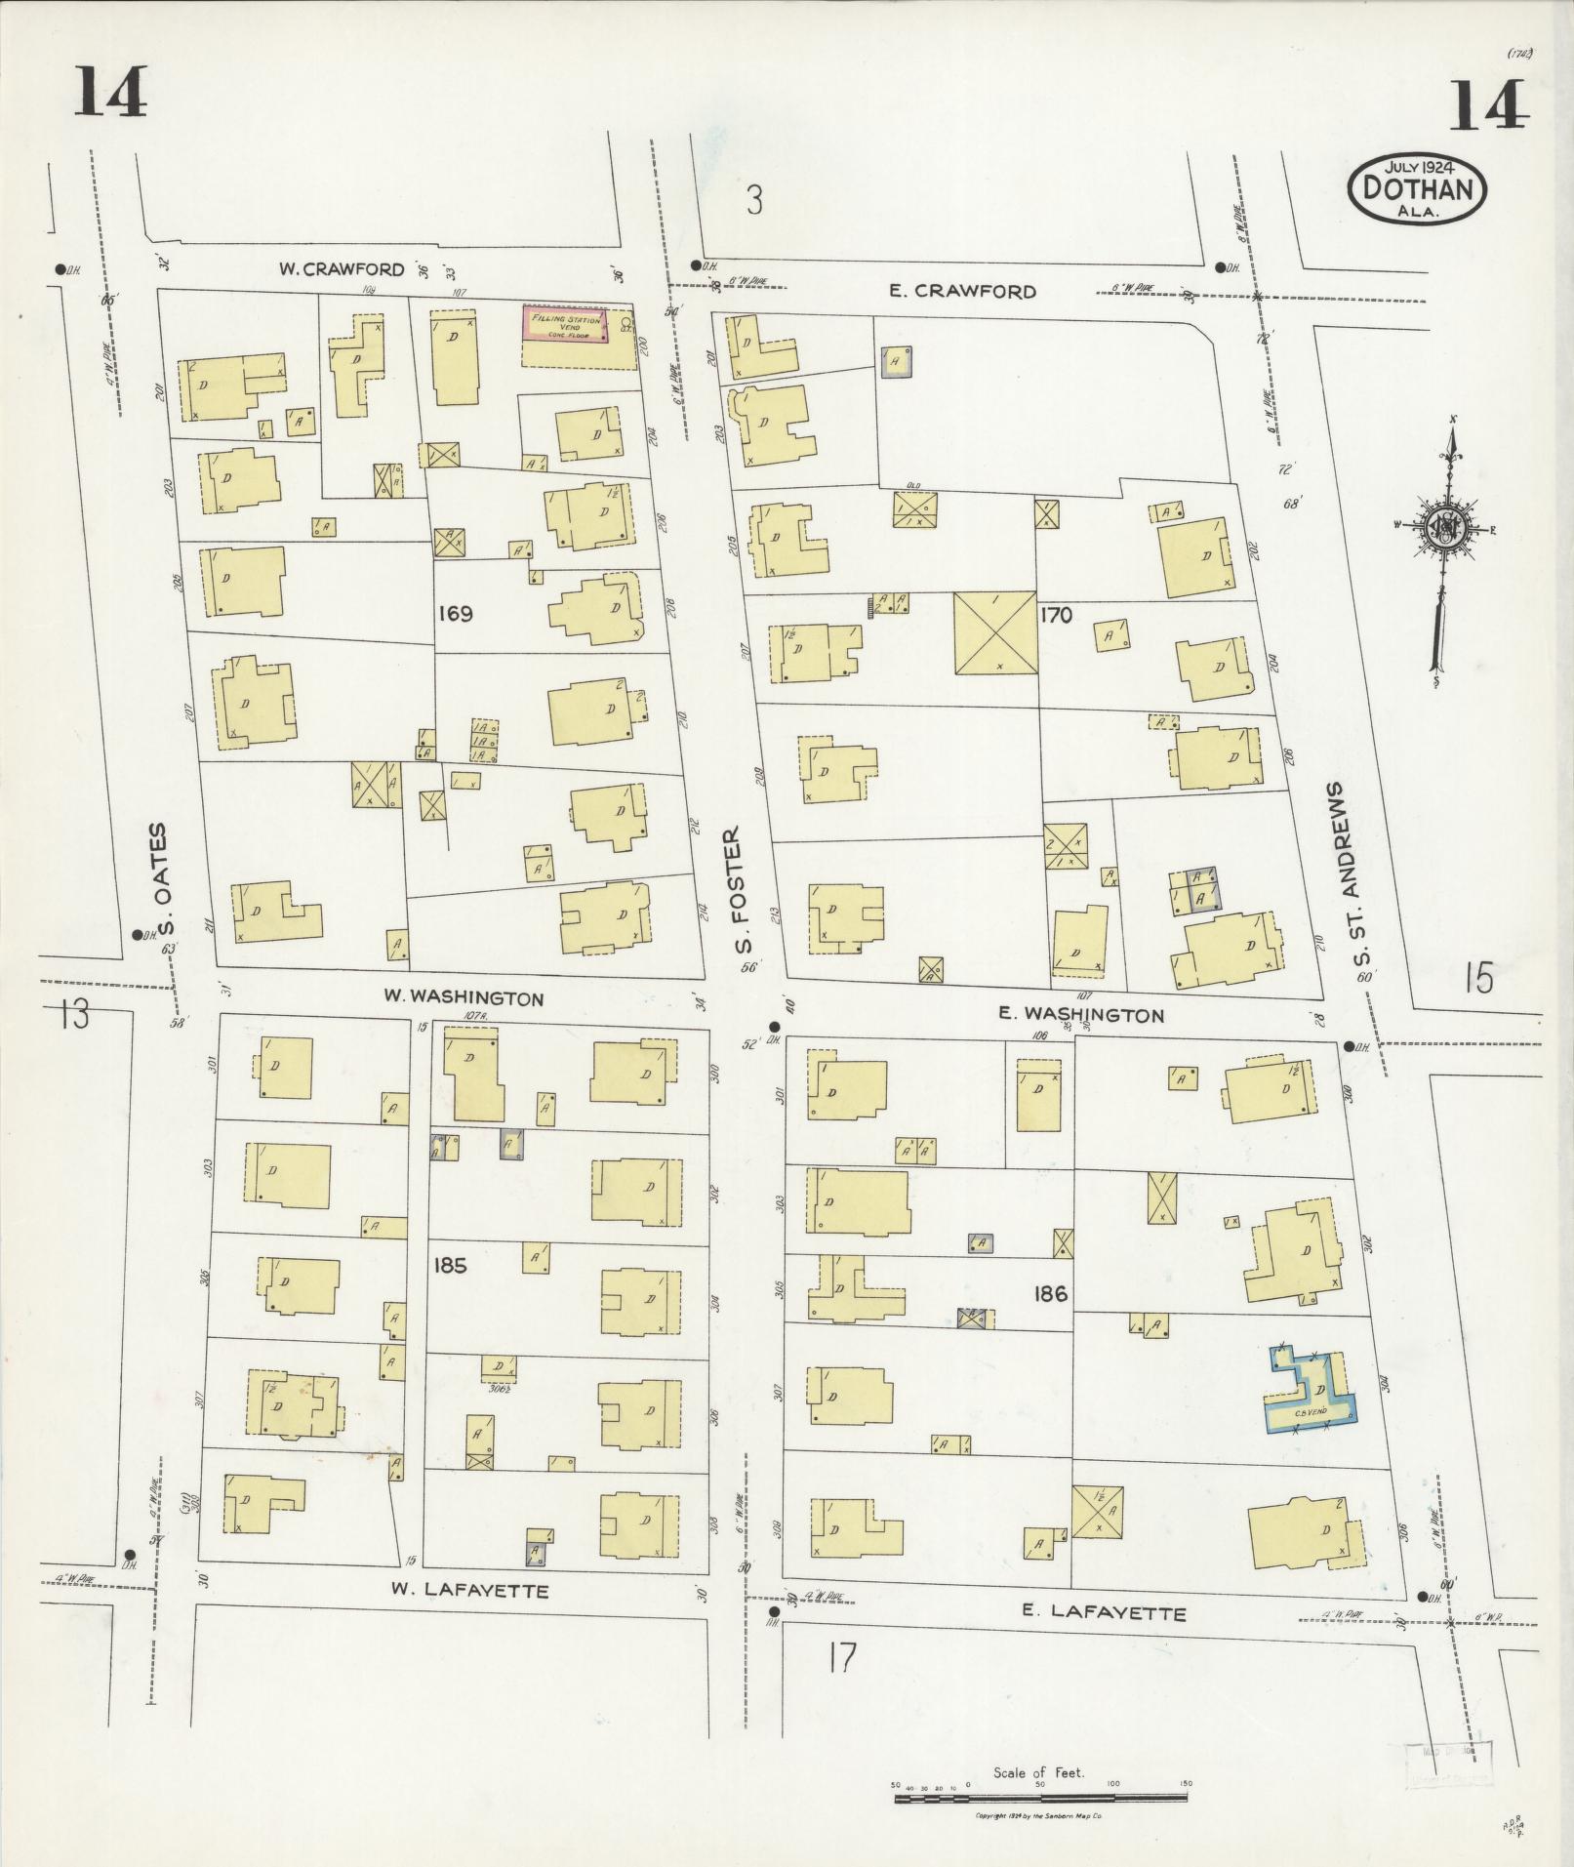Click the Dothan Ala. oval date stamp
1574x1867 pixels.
click(x=1417, y=186)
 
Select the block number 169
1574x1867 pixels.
click(x=455, y=614)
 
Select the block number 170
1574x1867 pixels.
click(x=1056, y=615)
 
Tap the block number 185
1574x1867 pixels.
click(x=450, y=1266)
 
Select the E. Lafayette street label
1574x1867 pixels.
click(x=1104, y=1612)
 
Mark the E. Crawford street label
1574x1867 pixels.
click(x=962, y=291)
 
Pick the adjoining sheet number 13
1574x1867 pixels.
click(x=73, y=1014)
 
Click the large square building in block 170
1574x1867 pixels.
click(x=994, y=632)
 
